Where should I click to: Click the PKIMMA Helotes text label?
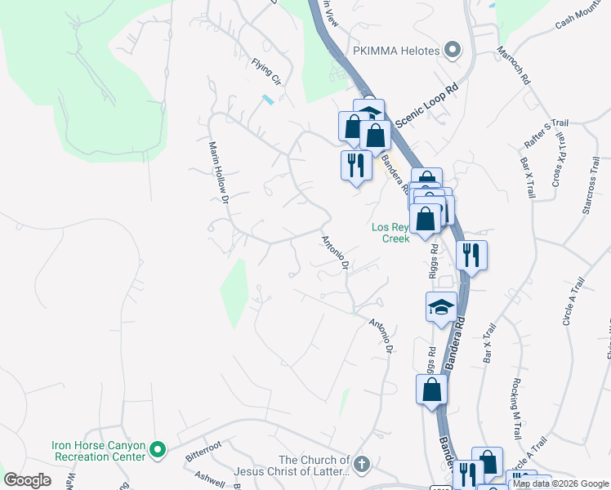(x=397, y=51)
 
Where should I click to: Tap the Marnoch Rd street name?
(x=515, y=70)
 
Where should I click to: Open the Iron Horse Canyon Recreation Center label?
(x=98, y=451)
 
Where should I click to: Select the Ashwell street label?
(x=209, y=478)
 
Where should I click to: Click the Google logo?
(x=27, y=480)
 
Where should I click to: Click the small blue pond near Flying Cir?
(x=267, y=100)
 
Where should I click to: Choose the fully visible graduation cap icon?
(x=442, y=308)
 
